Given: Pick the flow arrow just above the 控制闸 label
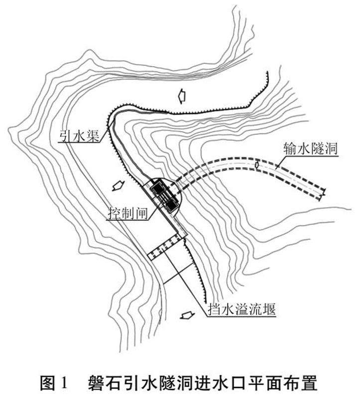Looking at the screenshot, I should pyautogui.click(x=118, y=186).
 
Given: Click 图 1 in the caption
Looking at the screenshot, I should pyautogui.click(x=52, y=383).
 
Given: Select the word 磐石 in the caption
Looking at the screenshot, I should pyautogui.click(x=105, y=383).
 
